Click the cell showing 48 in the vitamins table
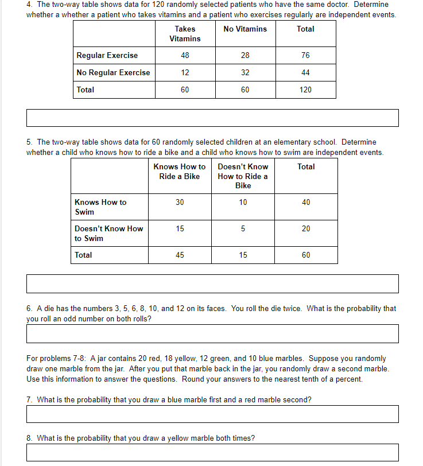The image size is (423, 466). [x=185, y=55]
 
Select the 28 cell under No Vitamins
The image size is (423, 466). [x=245, y=55]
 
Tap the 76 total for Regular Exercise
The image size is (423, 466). [x=305, y=55]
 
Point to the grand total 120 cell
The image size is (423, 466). [x=305, y=90]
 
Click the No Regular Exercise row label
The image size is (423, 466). [x=113, y=72]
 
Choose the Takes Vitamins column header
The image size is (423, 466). [x=185, y=33]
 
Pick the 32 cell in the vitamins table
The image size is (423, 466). [x=245, y=72]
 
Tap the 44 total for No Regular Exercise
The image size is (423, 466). [x=305, y=72]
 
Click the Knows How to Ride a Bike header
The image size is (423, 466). [x=180, y=172]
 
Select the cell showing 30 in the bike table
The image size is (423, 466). [x=180, y=202]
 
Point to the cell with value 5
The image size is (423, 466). [x=243, y=228]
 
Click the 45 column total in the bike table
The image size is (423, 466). [x=180, y=255]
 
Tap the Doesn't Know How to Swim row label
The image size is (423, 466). [x=108, y=233]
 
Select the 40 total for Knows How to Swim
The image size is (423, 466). [x=306, y=202]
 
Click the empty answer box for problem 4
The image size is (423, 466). [x=212, y=118]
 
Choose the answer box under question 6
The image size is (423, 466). [x=212, y=333]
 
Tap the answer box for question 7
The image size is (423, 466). [x=212, y=414]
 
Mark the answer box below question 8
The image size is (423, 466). [x=212, y=452]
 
